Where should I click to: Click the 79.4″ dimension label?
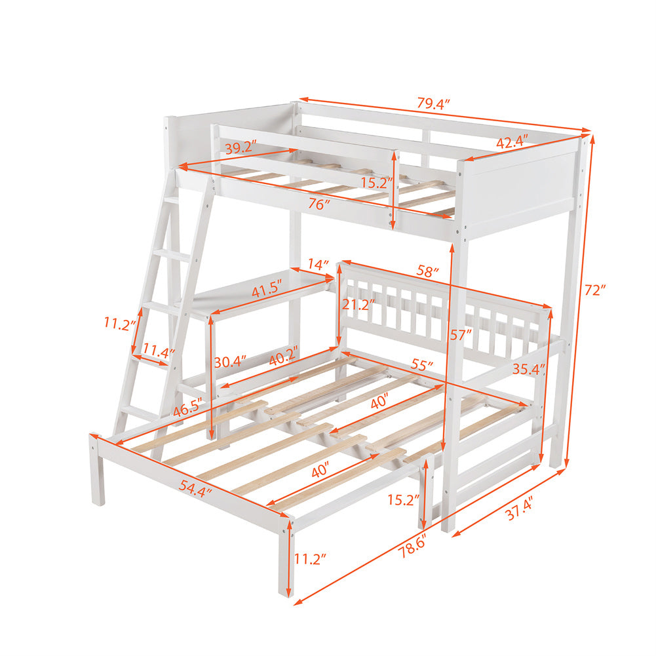(433, 104)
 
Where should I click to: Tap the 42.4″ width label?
(512, 142)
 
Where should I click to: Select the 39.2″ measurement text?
(241, 147)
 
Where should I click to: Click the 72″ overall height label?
(595, 290)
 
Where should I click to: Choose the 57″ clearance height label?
(461, 335)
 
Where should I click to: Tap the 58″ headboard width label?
(427, 271)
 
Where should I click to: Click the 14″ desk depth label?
(318, 264)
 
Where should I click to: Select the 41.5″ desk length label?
(267, 290)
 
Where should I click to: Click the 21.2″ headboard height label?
(358, 304)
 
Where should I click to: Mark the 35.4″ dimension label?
(529, 369)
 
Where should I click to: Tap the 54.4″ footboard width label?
(195, 488)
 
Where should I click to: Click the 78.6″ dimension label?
(412, 546)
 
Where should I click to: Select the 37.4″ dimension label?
(519, 509)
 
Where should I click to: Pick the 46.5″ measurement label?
(188, 408)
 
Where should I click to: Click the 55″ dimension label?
(422, 365)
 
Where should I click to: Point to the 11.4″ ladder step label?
(159, 350)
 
